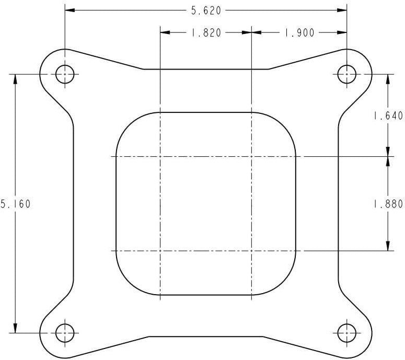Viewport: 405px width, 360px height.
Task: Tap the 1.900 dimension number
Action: click(299, 32)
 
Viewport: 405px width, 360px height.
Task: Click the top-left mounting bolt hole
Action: click(65, 74)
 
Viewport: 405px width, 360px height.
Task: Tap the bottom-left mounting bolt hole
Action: click(65, 332)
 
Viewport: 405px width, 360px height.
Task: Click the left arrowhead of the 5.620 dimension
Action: click(69, 10)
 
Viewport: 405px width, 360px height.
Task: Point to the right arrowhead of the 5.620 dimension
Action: click(343, 10)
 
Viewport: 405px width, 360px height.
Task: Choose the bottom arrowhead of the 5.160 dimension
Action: click(16, 328)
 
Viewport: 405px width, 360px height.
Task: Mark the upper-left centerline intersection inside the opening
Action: click(160, 156)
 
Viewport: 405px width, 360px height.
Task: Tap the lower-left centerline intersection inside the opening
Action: click(160, 251)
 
